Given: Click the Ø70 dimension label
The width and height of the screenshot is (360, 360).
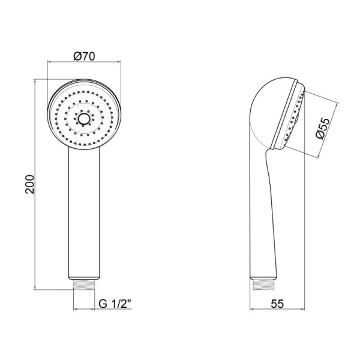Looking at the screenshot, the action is tap(84, 56).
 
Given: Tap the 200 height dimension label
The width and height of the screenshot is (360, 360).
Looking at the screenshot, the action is tap(29, 184).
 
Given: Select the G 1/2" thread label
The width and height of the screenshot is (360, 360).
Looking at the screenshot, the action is tap(115, 304).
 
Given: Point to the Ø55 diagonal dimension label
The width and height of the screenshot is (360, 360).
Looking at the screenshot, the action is tap(323, 128).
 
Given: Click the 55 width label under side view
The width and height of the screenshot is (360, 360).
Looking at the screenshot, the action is tap(277, 304).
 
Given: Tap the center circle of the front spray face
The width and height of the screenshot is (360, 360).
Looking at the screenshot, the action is tap(83, 118).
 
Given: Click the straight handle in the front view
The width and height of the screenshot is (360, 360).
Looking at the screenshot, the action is tap(84, 213).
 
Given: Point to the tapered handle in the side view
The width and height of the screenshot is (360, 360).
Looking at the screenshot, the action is tap(263, 214).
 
